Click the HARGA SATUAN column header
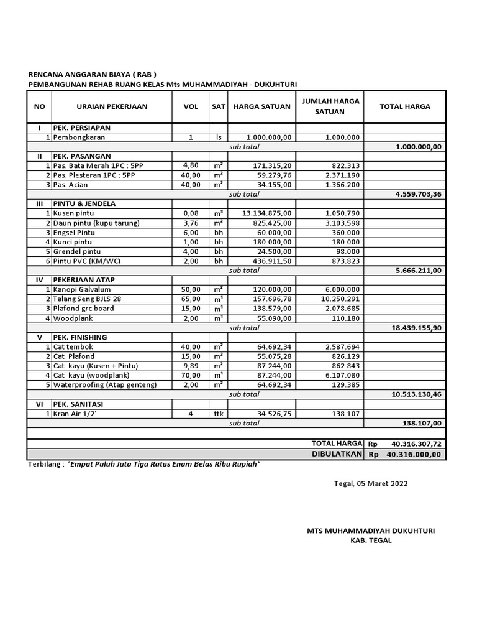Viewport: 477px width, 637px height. click(261, 106)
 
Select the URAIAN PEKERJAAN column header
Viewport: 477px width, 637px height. click(112, 106)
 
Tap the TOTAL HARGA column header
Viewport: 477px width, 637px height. click(404, 106)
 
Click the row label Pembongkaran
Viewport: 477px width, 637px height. click(79, 137)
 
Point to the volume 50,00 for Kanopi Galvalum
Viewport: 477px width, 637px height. click(191, 290)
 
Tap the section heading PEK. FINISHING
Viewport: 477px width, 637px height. click(80, 337)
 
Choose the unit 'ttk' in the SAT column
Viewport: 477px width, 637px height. click(218, 414)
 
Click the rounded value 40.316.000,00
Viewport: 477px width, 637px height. click(413, 455)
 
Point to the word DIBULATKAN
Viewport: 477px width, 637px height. click(337, 455)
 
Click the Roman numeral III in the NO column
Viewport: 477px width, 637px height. click(39, 203)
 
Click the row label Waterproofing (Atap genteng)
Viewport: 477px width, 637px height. click(105, 385)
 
